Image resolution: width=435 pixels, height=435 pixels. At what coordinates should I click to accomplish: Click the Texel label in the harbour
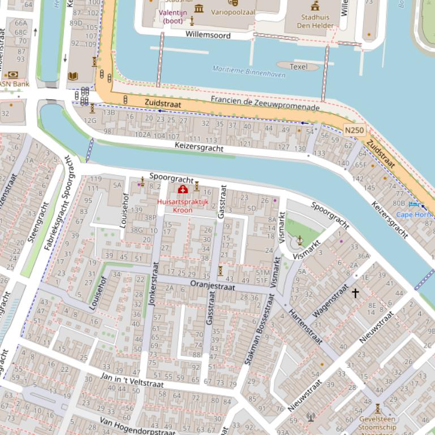coord(298,67)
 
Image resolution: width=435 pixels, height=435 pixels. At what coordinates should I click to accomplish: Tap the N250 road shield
coord(354,130)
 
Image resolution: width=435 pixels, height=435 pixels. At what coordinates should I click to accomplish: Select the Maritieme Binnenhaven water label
coord(248,71)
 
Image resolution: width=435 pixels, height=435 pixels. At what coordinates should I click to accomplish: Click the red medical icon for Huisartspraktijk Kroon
coord(183,190)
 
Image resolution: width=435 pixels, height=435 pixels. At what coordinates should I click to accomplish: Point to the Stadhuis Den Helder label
coord(315,21)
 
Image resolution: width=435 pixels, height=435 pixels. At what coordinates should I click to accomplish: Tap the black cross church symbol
coord(355,293)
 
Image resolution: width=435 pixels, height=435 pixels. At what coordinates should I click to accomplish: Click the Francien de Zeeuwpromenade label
coord(265,103)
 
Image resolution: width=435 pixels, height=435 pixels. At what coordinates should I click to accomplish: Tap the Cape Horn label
coord(414,215)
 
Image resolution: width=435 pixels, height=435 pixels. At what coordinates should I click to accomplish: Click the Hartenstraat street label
coord(305,327)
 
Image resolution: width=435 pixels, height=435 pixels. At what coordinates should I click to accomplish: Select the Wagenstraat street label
coord(330,303)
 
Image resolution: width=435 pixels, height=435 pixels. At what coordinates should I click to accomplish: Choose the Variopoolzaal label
coord(232,12)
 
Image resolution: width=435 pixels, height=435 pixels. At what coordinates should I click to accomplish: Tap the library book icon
coord(72,76)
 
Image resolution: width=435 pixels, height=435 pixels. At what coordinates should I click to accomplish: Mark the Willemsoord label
coord(208,35)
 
